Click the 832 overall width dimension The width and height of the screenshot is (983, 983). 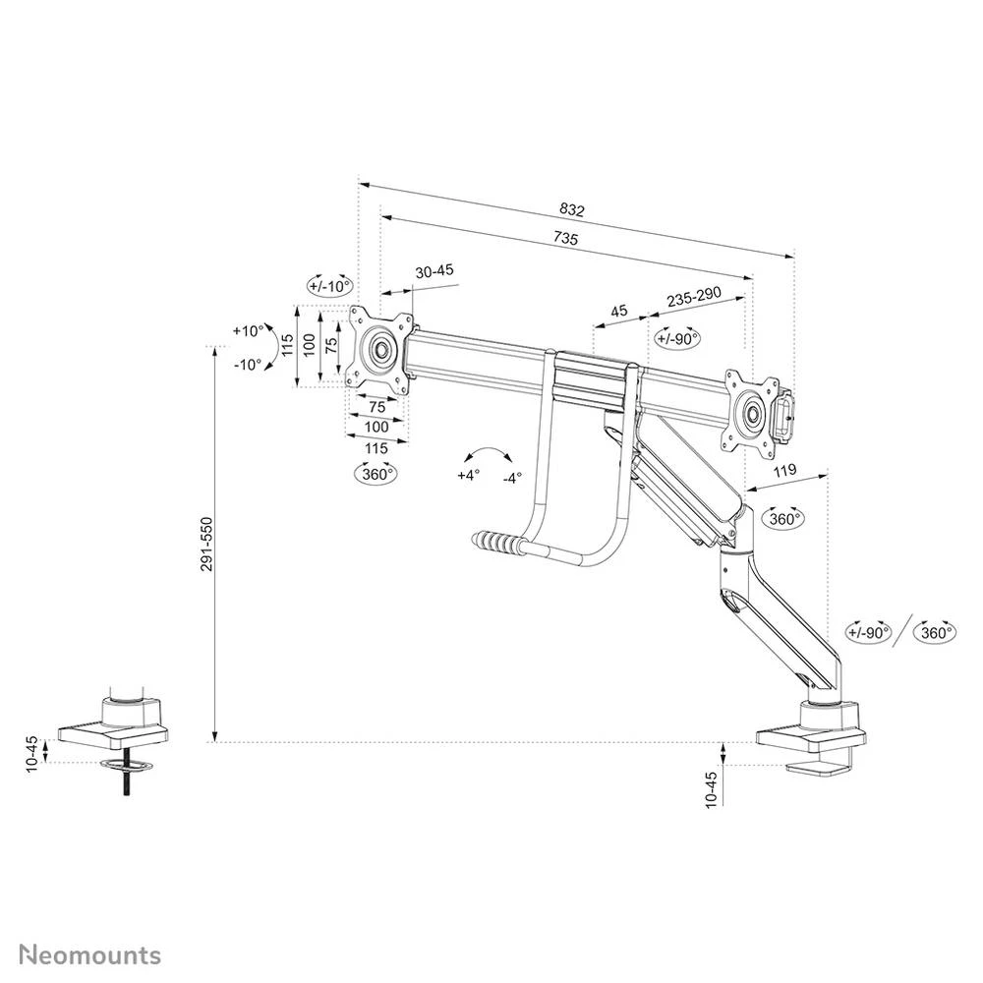(x=571, y=209)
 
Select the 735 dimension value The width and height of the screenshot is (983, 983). (x=565, y=239)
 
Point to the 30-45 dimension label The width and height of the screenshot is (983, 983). (x=434, y=271)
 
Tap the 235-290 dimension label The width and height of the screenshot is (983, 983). (x=694, y=296)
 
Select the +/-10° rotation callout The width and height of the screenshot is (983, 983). (x=328, y=286)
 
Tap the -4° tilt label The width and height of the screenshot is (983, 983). (x=511, y=479)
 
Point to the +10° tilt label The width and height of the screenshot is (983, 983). (x=248, y=330)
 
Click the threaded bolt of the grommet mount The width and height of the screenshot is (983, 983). (x=126, y=782)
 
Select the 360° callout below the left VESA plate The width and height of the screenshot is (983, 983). (x=376, y=473)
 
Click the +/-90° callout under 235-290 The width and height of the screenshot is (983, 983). (x=676, y=338)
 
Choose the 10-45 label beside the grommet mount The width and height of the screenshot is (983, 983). (x=31, y=753)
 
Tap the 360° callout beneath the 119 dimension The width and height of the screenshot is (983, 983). (x=783, y=518)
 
